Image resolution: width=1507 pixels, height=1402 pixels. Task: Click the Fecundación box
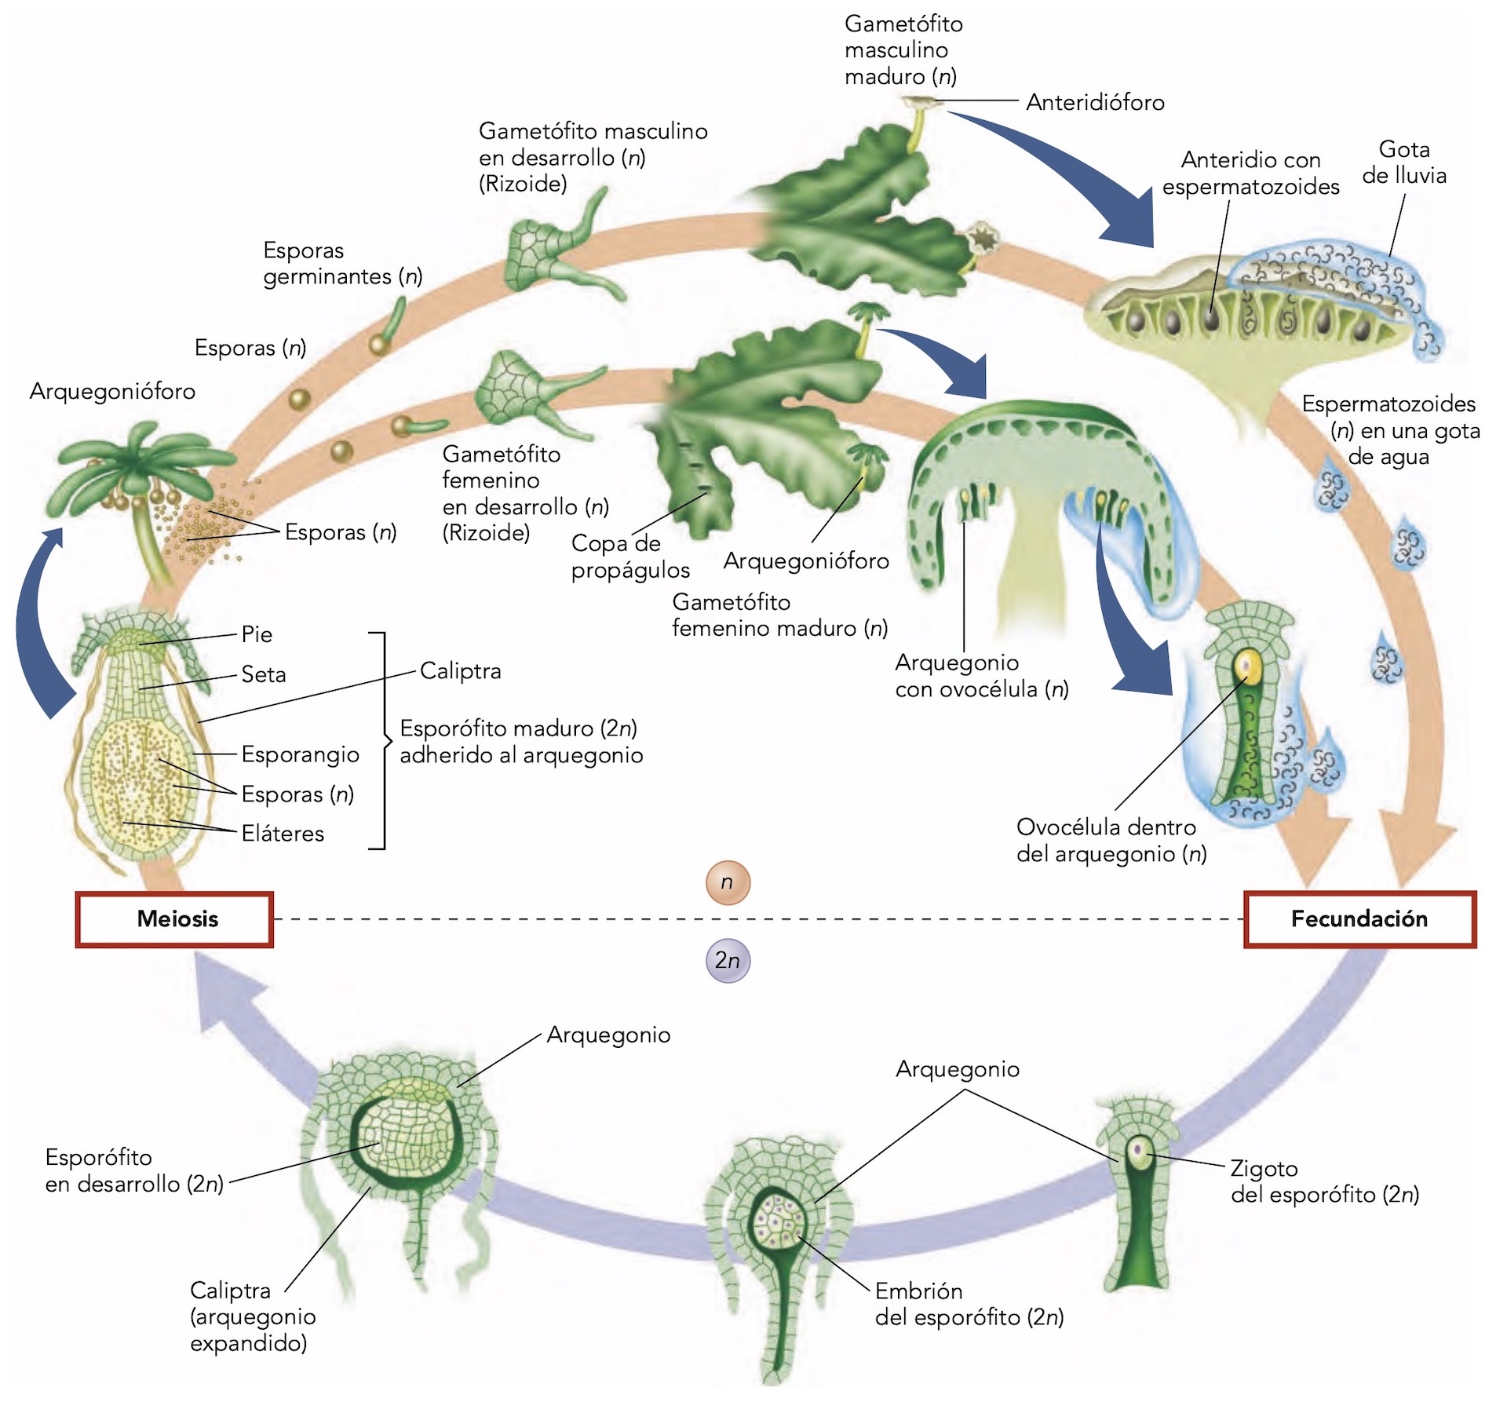click(x=1359, y=919)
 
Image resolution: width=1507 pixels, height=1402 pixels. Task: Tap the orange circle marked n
click(x=728, y=882)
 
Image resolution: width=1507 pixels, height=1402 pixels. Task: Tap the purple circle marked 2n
click(x=728, y=960)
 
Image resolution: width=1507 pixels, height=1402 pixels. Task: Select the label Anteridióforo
click(x=1095, y=103)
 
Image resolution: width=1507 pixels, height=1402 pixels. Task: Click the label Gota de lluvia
click(x=1404, y=162)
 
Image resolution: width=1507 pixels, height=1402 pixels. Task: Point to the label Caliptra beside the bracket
click(x=460, y=671)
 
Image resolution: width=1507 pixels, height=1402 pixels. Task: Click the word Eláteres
click(x=283, y=834)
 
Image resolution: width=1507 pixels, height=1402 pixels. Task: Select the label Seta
click(x=264, y=674)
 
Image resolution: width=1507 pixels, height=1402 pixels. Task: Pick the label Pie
click(x=257, y=634)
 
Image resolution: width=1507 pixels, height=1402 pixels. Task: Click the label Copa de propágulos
click(x=629, y=557)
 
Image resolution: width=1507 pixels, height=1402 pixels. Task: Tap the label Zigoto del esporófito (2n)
click(x=1324, y=1181)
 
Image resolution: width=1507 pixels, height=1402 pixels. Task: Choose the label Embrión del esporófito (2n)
click(x=969, y=1304)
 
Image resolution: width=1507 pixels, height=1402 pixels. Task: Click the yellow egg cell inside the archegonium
click(x=1246, y=666)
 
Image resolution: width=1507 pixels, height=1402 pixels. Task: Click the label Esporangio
click(x=300, y=754)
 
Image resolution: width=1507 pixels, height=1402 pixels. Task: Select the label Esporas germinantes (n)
click(x=342, y=264)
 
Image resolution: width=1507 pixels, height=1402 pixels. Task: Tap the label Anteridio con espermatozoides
click(x=1250, y=173)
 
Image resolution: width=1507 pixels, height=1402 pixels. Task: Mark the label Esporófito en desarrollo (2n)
click(x=134, y=1170)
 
